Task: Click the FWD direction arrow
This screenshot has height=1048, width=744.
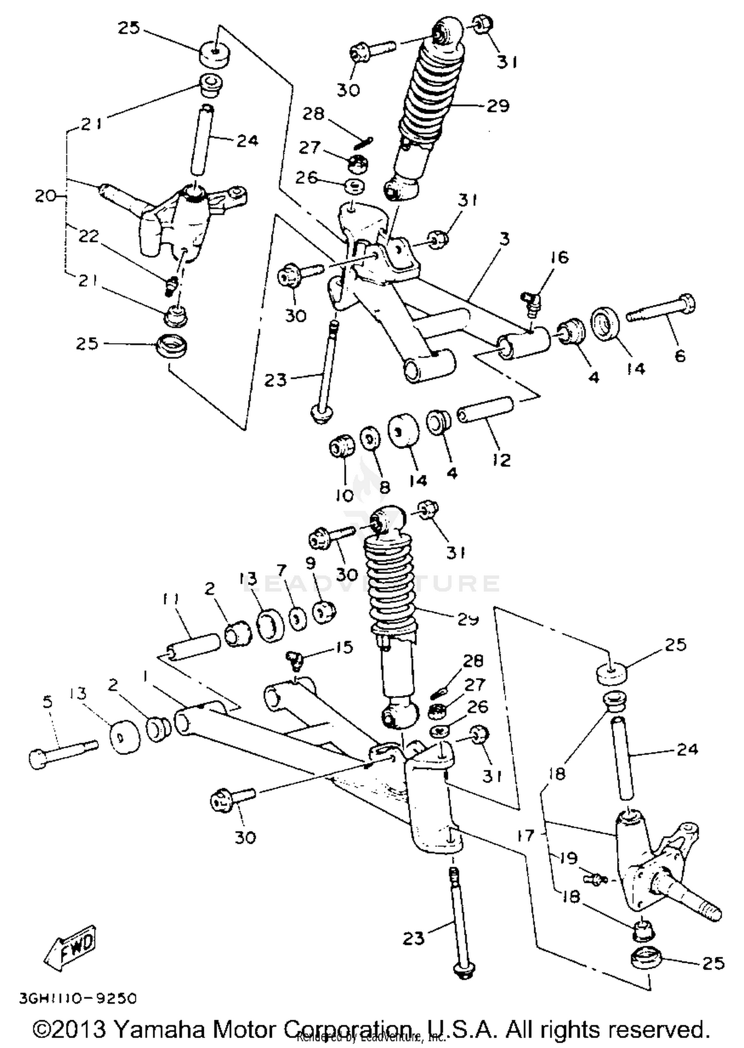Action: pyautogui.click(x=70, y=949)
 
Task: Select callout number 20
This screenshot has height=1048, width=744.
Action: pyautogui.click(x=45, y=196)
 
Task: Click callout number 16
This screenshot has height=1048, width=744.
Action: pyautogui.click(x=559, y=257)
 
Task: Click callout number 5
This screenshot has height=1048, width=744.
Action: pyautogui.click(x=48, y=702)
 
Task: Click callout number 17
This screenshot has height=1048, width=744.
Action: pyautogui.click(x=525, y=836)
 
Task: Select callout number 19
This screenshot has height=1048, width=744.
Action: pyautogui.click(x=568, y=857)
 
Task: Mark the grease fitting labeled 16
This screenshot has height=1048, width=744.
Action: pyautogui.click(x=532, y=301)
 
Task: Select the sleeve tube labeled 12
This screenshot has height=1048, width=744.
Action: pyautogui.click(x=486, y=410)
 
